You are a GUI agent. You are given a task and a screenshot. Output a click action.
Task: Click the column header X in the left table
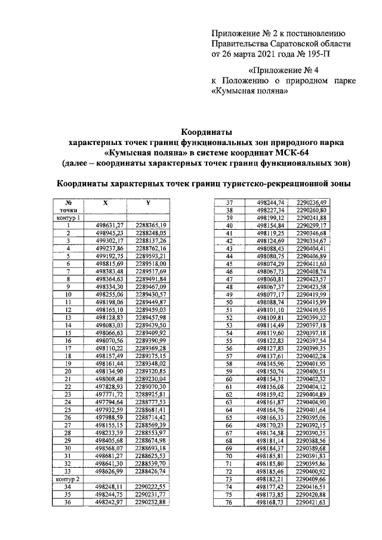pyautogui.click(x=106, y=203)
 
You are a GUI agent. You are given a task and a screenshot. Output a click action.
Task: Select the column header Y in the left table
pyautogui.click(x=148, y=203)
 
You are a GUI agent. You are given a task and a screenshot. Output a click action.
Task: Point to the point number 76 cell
pyautogui.click(x=228, y=502)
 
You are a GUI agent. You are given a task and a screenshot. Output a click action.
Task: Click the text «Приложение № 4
pyautogui.click(x=270, y=70)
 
